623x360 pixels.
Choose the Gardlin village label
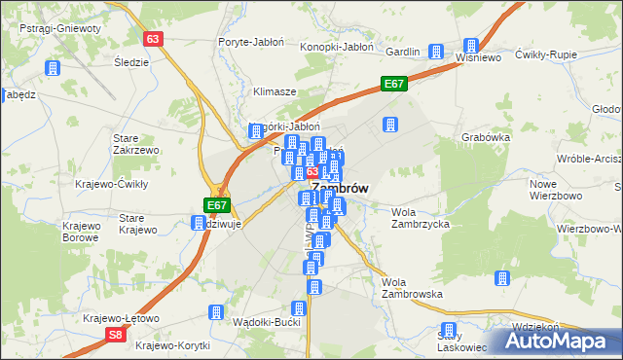402,51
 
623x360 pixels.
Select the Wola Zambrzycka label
419,218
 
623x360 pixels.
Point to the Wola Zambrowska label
412,287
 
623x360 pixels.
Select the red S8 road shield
116,335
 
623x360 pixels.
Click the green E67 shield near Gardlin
393,85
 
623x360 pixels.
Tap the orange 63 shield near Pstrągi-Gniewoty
152,39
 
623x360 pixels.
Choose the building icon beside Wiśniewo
471,46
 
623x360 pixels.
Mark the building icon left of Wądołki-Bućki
214,312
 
